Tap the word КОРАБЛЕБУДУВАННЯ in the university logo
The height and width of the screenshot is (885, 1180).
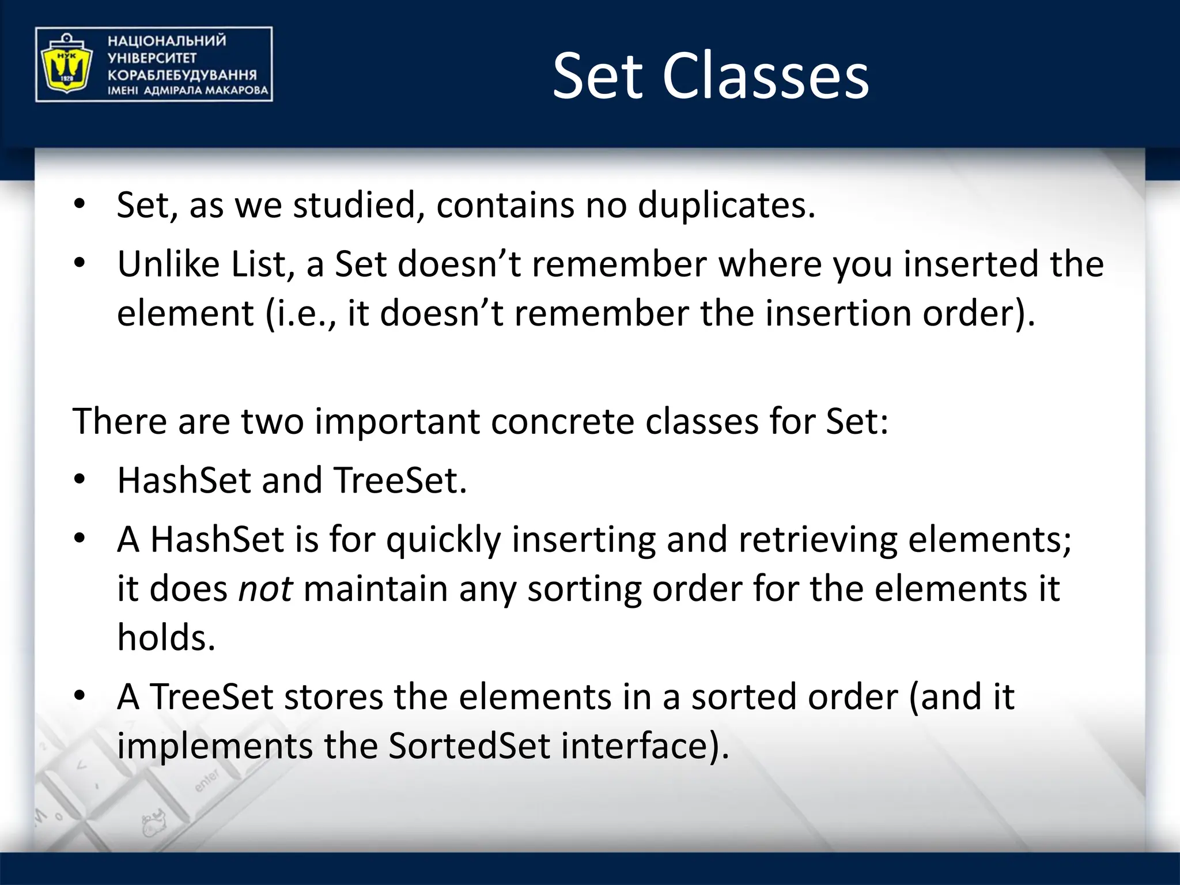[182, 75]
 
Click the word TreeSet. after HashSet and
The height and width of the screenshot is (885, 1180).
[400, 481]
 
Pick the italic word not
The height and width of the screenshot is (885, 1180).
[265, 589]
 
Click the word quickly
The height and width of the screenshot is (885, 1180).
[443, 541]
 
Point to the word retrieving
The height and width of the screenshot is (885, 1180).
[818, 540]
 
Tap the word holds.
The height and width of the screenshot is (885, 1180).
[166, 638]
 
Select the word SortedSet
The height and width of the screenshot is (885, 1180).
[469, 746]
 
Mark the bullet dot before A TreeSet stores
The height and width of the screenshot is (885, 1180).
[80, 695]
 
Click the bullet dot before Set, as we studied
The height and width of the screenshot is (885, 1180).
[80, 203]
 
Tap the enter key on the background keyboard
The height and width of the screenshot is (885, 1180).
[207, 780]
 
